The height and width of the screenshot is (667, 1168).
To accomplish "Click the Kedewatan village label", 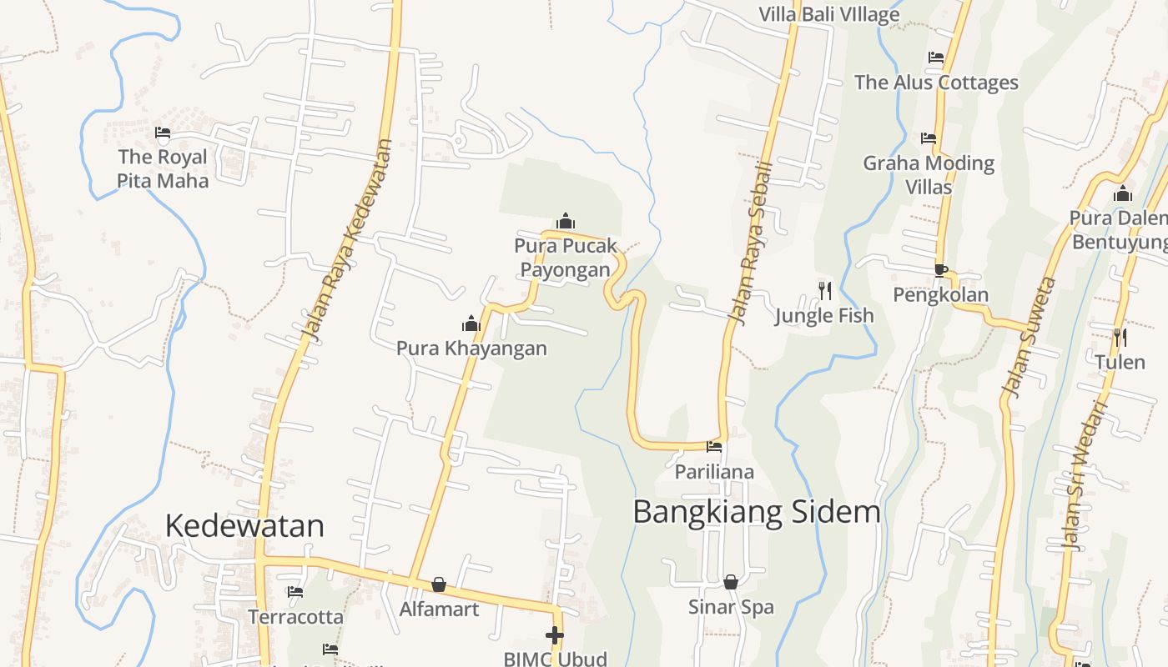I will (x=244, y=526).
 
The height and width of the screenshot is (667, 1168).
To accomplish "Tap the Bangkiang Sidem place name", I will (x=757, y=511).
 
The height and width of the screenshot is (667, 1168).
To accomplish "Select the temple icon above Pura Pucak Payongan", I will (x=566, y=221).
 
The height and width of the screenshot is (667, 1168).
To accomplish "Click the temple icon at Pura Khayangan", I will (x=471, y=324).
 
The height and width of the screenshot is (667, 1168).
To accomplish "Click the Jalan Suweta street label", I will (x=1028, y=337).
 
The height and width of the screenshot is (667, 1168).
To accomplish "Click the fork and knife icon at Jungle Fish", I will (x=824, y=290).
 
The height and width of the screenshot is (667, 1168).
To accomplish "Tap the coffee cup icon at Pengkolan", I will (x=940, y=269).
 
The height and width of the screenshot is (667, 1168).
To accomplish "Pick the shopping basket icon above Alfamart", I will (x=439, y=584).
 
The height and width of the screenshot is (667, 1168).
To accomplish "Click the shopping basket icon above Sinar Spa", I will (x=731, y=582).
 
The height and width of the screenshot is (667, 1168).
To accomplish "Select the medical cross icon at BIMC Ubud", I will (x=555, y=635).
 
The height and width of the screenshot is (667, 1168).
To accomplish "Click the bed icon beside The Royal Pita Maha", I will (x=163, y=132).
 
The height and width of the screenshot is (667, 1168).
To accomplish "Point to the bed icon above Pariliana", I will (x=714, y=447).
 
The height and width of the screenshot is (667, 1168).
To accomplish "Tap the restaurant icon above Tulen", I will (x=1120, y=337).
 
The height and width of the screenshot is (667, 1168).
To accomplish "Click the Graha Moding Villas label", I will (x=929, y=174).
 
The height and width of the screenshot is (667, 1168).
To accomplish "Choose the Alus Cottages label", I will (x=936, y=83).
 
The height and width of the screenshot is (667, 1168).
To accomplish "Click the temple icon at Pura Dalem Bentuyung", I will (x=1123, y=194).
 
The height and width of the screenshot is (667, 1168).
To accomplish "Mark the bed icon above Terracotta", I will (x=295, y=592).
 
